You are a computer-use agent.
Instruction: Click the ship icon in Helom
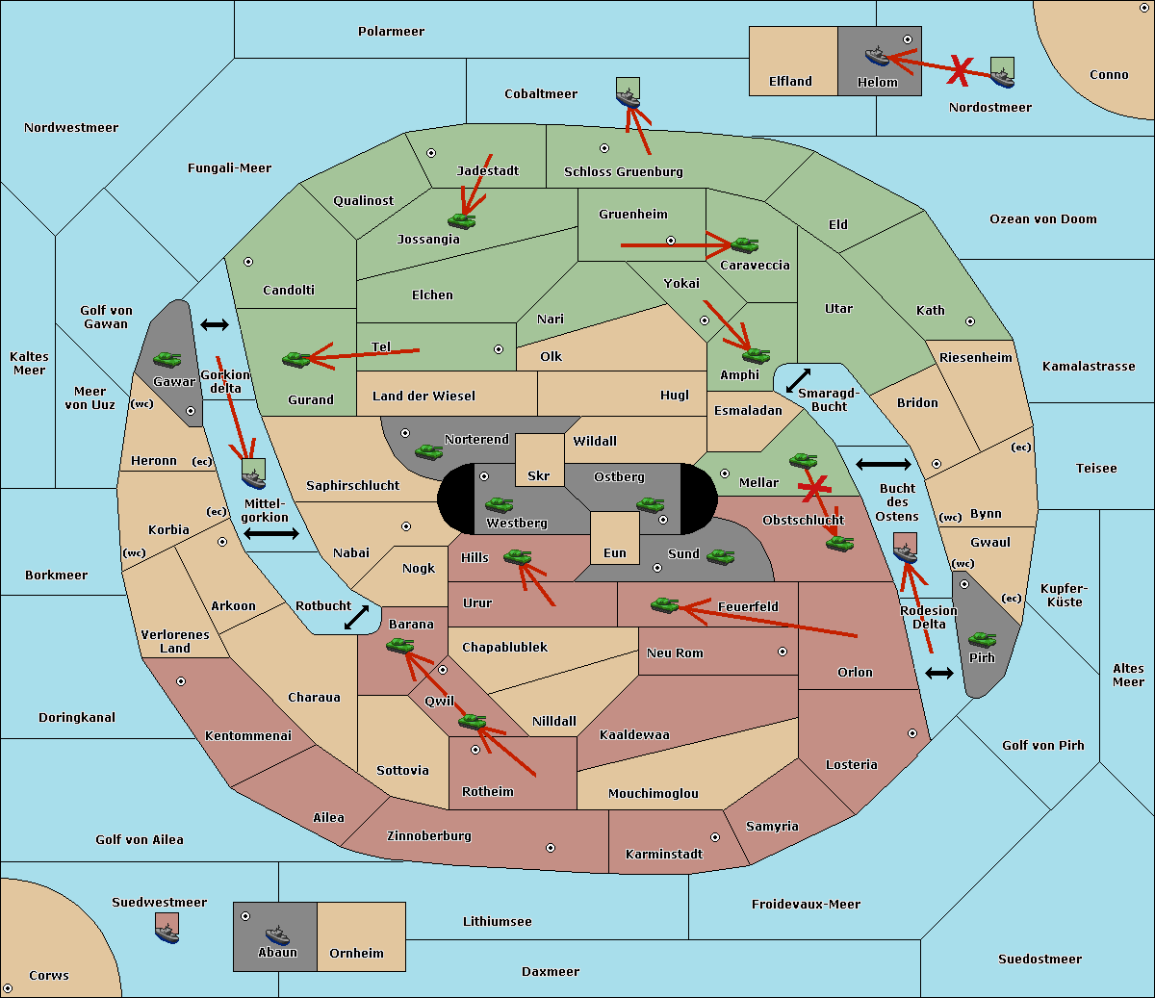[877, 56]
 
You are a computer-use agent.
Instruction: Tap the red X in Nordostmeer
[960, 68]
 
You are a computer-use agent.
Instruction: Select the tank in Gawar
[167, 359]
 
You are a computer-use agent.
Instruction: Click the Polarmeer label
[391, 32]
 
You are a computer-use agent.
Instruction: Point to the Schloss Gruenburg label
[623, 172]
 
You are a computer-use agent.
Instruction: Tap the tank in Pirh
[982, 640]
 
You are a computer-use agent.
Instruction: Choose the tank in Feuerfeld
[664, 604]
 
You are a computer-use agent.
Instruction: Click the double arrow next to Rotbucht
[356, 617]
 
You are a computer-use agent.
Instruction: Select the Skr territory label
[538, 475]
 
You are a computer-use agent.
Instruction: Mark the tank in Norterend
[428, 450]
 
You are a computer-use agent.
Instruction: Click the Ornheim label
[356, 954]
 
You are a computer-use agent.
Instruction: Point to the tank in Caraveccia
[744, 244]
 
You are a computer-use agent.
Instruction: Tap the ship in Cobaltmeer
[628, 96]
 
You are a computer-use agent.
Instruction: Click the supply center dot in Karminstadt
[715, 837]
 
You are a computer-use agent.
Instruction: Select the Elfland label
[790, 82]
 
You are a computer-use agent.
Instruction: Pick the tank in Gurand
[296, 359]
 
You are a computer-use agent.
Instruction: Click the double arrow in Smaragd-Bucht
[798, 380]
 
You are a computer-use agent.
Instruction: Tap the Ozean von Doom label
[1042, 219]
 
